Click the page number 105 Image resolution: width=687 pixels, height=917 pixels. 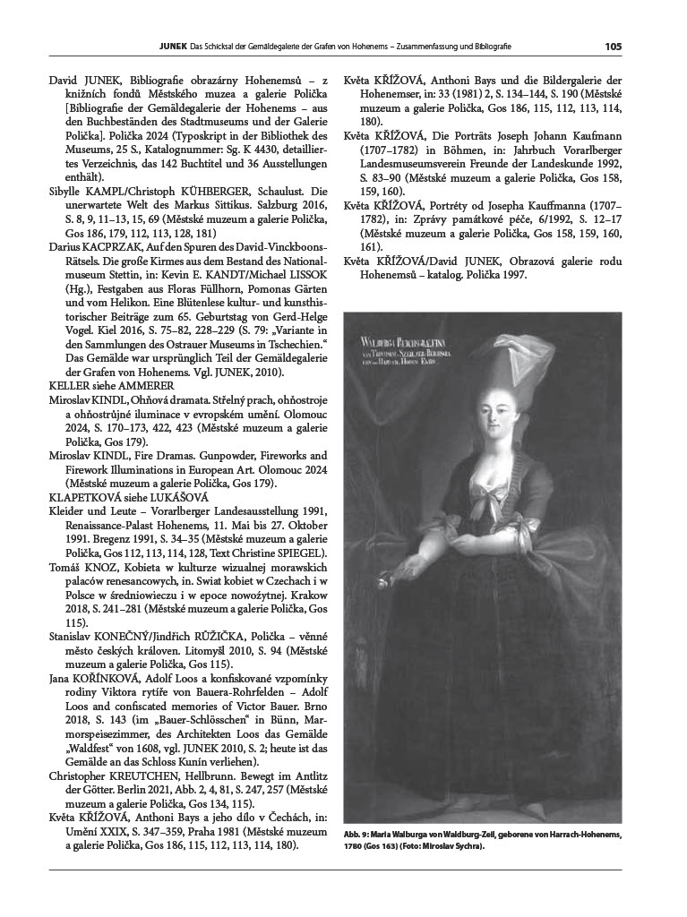(613, 46)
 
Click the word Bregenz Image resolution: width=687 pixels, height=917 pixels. (93, 541)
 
